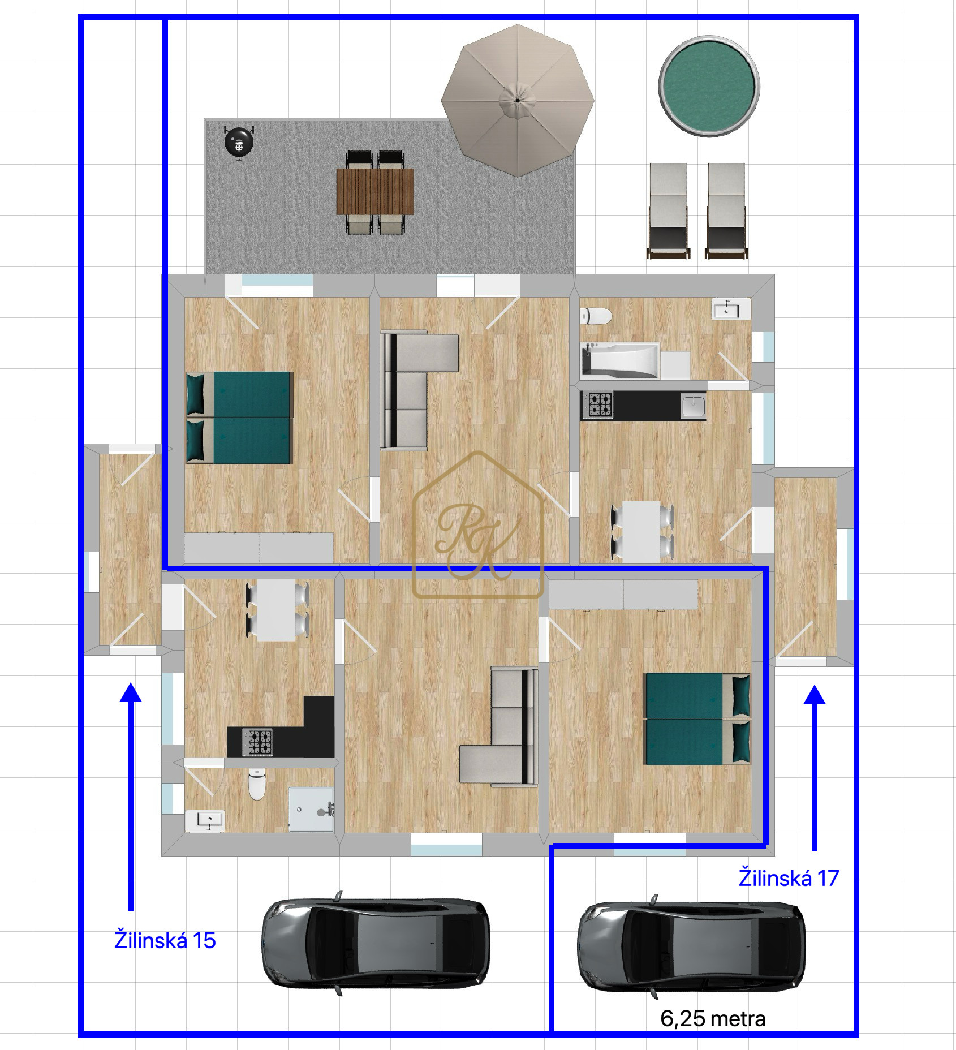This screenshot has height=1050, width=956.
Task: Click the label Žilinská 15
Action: click(165, 940)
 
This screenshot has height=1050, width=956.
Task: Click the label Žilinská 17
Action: click(789, 878)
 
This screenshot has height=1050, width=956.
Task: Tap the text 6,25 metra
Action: click(713, 1019)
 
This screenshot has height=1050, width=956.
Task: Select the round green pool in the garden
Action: click(709, 86)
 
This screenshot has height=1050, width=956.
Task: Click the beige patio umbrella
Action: click(518, 101)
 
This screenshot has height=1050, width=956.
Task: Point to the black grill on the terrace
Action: click(239, 141)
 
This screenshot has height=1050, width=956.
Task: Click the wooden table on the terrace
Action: click(375, 191)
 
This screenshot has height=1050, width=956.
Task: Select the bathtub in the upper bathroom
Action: click(620, 360)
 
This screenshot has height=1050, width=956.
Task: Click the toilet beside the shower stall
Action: click(257, 784)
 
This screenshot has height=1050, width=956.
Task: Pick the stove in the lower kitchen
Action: click(258, 742)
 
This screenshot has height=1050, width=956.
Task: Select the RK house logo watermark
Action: click(479, 524)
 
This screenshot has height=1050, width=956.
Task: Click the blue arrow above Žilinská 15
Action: click(131, 797)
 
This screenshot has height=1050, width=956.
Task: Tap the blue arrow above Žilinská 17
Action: click(815, 768)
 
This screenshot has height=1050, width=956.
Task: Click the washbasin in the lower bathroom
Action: click(205, 821)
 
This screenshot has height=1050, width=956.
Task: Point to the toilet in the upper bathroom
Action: click(596, 316)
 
